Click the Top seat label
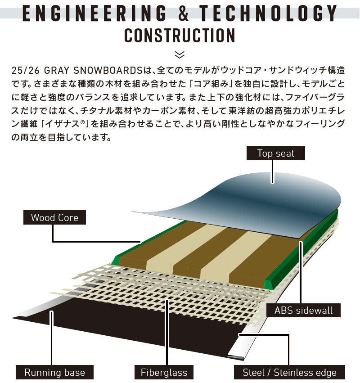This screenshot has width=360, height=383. pos(276,153)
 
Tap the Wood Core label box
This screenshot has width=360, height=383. pos(54,217)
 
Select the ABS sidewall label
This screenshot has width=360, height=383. pos(303,310)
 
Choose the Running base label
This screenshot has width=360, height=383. pos(55,372)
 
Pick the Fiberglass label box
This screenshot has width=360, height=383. pos(164,372)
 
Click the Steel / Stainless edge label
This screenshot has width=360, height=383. pos(289,372)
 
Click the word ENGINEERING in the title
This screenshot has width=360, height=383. pos(94,13)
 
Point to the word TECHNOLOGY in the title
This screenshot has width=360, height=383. pos(268,13)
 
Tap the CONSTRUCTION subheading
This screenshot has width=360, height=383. pos(180,36)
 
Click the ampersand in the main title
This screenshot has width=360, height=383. pos(183,13)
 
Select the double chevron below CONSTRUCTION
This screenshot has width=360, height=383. pos(180,55)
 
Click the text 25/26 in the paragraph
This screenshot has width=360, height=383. pos(25,70)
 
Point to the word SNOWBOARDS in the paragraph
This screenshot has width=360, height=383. pos(108,70)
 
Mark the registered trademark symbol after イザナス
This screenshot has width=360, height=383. pos(82,122)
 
